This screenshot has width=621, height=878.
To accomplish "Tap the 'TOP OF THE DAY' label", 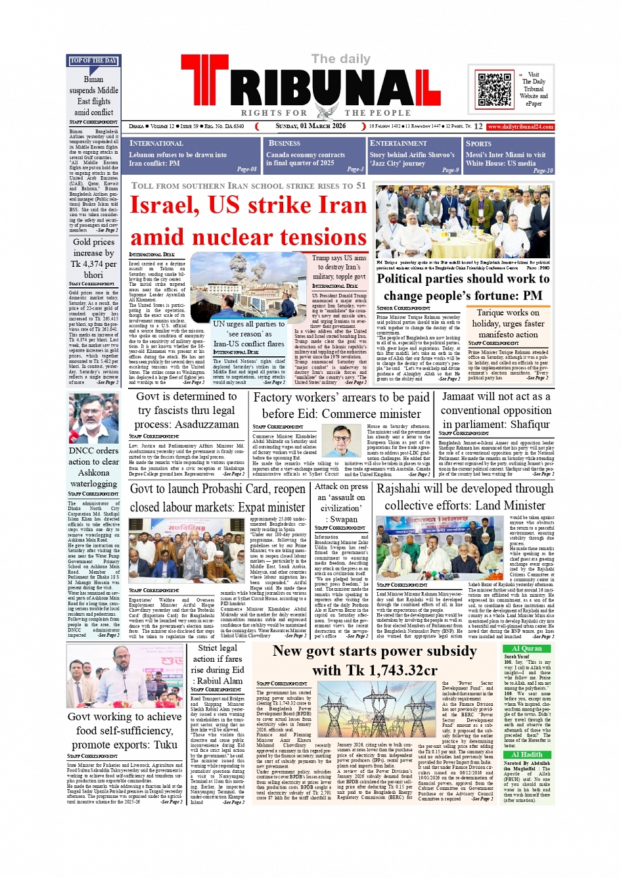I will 93,60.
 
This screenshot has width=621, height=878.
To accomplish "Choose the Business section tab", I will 315,155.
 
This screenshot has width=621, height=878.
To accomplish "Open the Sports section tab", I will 509,155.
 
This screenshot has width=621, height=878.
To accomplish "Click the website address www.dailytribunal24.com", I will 520,126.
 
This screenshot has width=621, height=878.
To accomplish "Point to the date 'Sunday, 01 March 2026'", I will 310,126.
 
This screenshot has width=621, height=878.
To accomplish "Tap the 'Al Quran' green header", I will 527,648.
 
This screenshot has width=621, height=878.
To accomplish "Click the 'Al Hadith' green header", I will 527,754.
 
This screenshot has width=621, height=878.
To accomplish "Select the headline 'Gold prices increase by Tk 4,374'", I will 93,258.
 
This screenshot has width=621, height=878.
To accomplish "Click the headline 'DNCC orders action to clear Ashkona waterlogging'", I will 93,467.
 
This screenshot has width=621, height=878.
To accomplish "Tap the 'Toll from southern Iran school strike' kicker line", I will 248,186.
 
